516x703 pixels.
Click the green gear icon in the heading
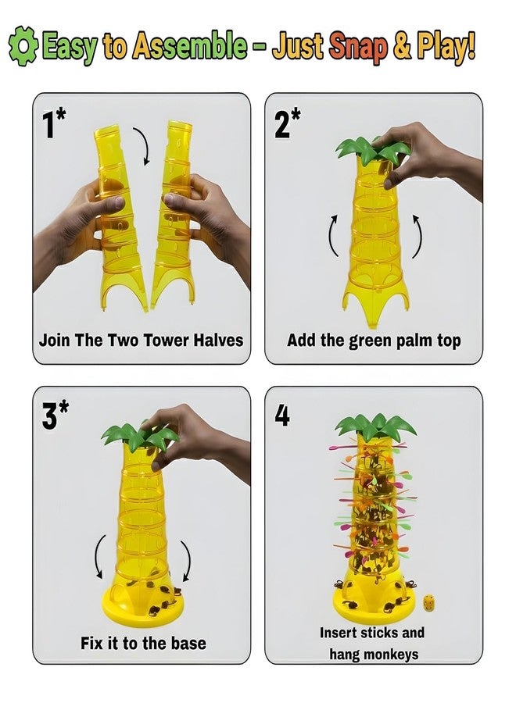coord(23,46)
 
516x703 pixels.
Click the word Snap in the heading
coord(358,47)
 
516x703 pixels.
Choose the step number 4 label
coord(281,416)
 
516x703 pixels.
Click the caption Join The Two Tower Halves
coord(141,340)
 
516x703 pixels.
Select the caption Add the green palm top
coord(374,341)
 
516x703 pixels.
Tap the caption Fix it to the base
coord(143,644)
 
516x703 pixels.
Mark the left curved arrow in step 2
coord(333,235)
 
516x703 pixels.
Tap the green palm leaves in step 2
coord(372,149)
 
